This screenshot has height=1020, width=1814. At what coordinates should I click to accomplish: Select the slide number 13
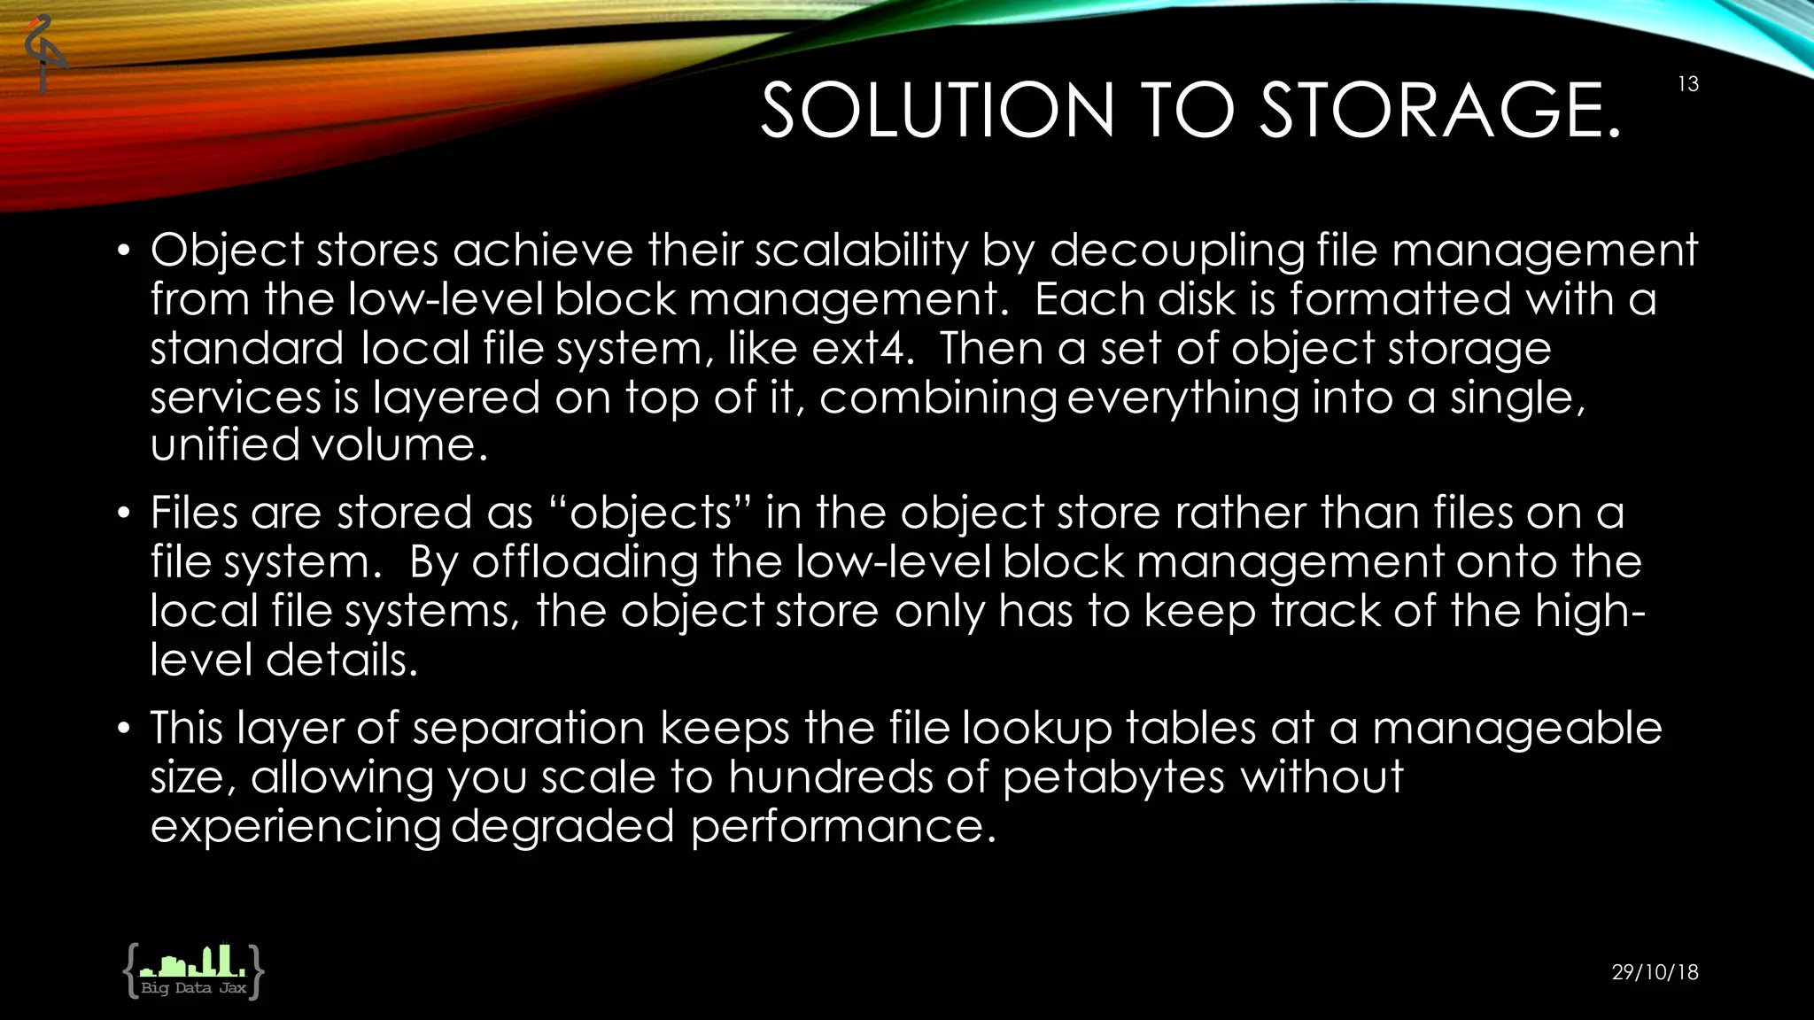[1687, 84]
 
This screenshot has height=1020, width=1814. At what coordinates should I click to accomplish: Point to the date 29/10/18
[1655, 972]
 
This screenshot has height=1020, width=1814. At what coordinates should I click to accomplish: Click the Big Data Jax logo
[193, 971]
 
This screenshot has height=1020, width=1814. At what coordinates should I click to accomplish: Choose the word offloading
[585, 562]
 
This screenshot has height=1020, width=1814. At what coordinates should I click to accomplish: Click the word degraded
[562, 826]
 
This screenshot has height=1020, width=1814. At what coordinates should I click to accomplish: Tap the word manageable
[1516, 728]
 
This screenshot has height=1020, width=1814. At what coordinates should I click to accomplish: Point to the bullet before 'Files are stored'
[124, 514]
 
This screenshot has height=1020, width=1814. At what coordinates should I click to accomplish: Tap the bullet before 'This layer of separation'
[124, 729]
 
